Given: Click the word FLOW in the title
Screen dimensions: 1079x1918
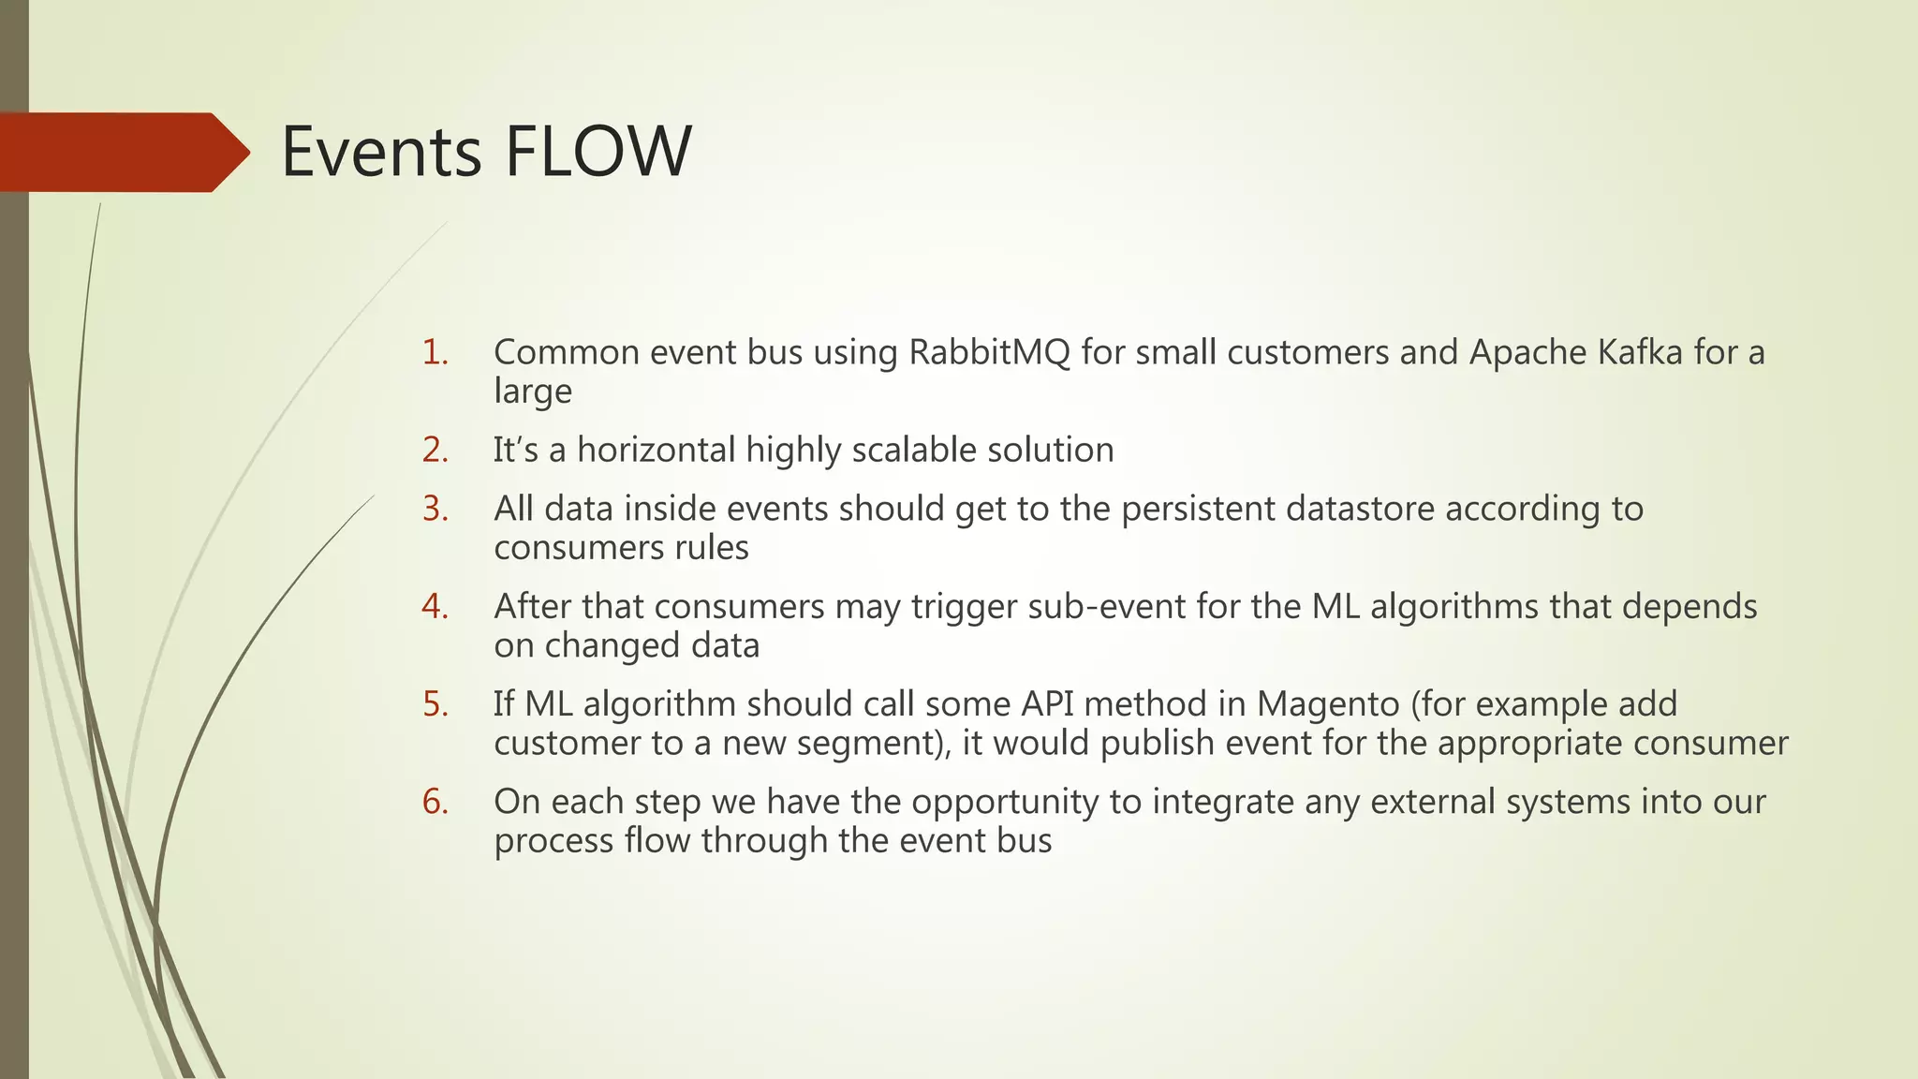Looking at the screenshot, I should point(598,152).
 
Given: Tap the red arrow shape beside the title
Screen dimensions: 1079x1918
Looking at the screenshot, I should point(122,152).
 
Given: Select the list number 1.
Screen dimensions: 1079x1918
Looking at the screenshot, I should point(435,352).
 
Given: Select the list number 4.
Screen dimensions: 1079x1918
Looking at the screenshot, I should point(435,606).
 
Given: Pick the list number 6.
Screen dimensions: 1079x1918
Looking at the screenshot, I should point(435,802).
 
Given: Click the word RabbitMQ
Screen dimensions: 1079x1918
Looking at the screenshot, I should point(989,353).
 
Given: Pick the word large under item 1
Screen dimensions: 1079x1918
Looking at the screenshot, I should point(532,392).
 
